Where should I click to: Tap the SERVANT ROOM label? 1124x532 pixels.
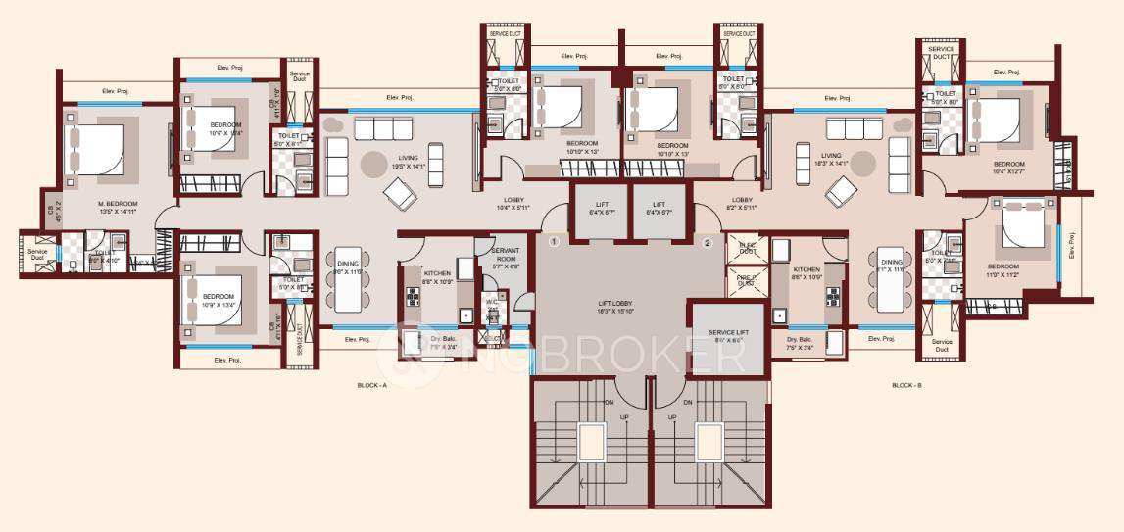[x=505, y=257]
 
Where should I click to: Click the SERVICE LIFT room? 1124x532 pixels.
[x=727, y=334]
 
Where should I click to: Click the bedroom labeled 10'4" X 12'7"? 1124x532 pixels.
[x=1009, y=169]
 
